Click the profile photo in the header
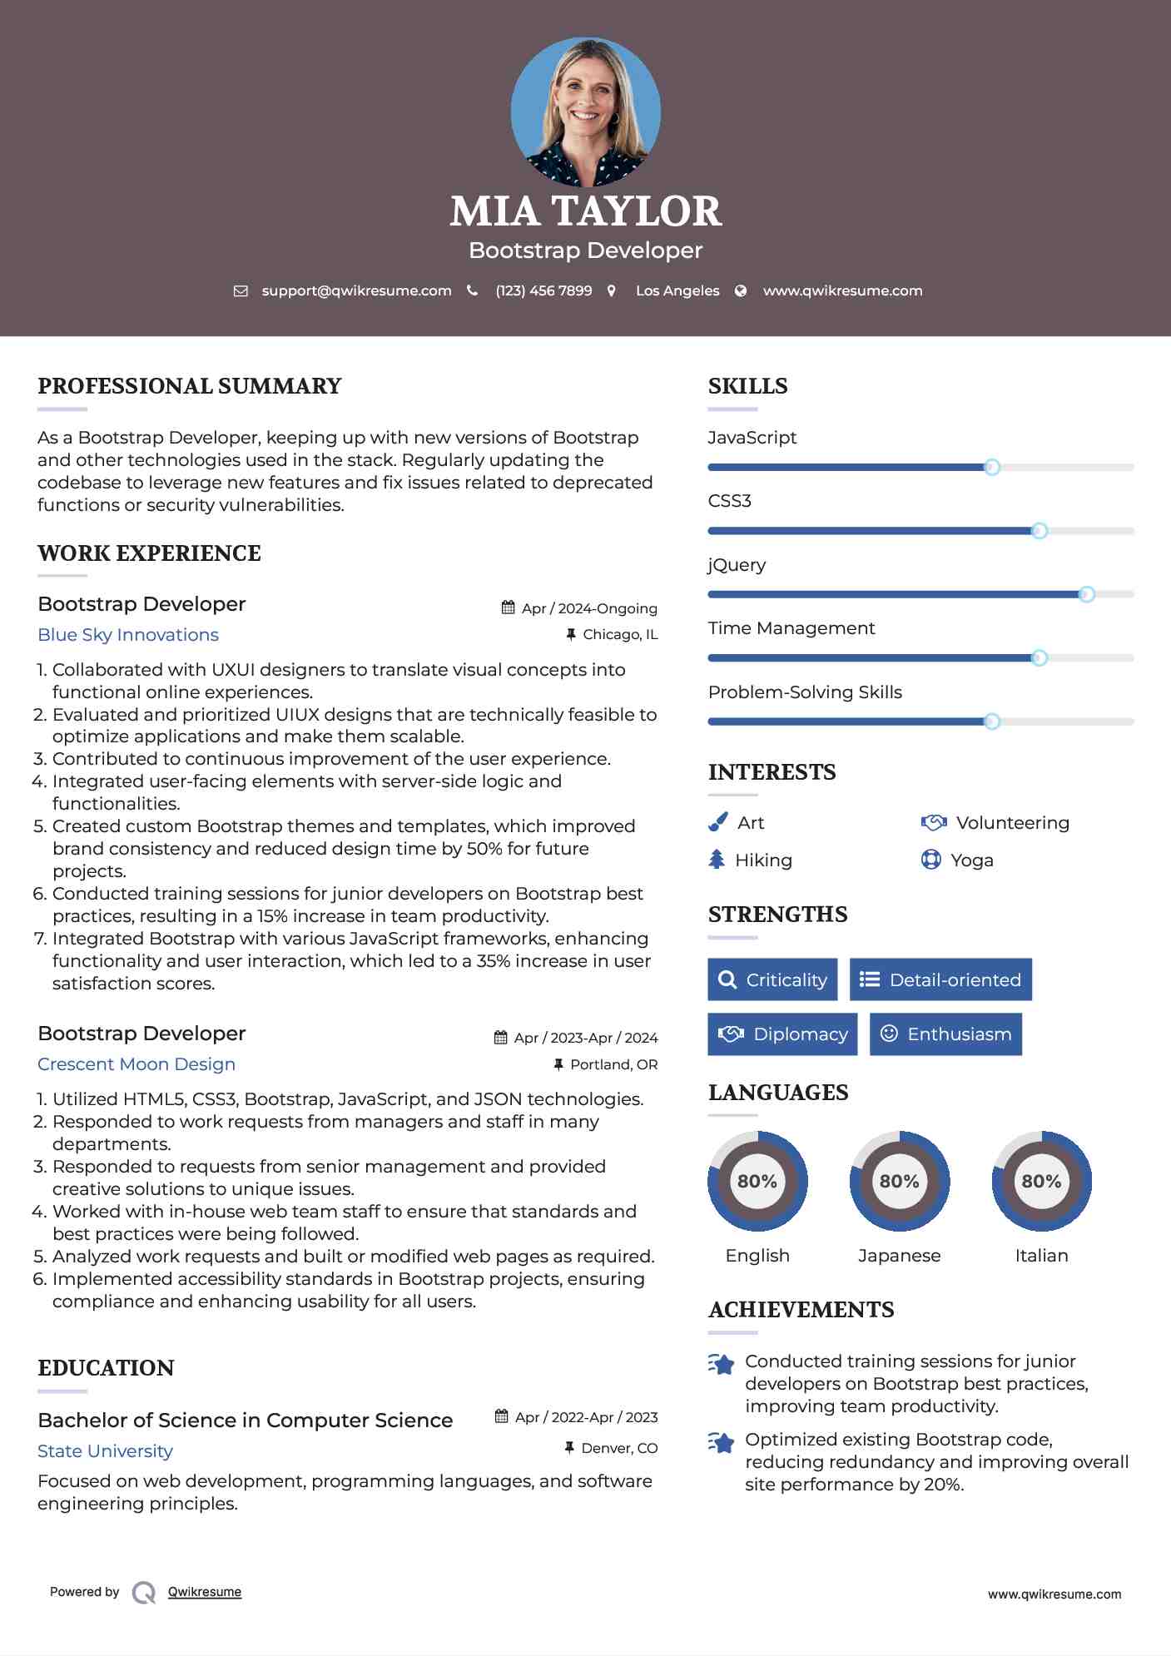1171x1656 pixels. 585,112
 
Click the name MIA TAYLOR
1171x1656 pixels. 585,211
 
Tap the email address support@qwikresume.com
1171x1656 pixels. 356,291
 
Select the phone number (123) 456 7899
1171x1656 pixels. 543,291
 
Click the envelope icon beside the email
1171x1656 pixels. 241,291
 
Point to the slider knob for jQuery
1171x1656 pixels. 1086,594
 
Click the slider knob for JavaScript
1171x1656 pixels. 991,467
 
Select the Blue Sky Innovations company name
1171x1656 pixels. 128,635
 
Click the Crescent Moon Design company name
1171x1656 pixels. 136,1064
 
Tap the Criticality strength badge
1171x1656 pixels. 772,979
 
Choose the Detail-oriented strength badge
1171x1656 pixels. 940,979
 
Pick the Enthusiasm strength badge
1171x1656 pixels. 945,1034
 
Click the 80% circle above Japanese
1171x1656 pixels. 899,1181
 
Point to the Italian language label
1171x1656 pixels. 1041,1256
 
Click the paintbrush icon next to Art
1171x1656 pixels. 717,823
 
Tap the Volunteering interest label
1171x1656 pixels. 1012,823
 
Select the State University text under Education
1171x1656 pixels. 105,1451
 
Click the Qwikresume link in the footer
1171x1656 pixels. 205,1592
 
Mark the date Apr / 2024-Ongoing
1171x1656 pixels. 589,608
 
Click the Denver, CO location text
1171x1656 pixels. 619,1449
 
